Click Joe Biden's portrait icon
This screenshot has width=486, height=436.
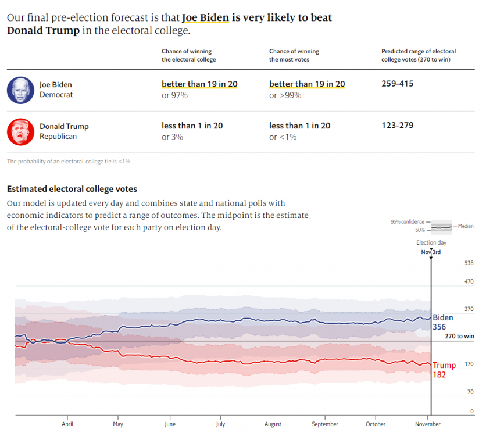click(x=21, y=90)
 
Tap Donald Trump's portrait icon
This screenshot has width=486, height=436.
click(x=21, y=131)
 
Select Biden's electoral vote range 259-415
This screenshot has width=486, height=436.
click(x=397, y=84)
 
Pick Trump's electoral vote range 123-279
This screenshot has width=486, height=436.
click(x=397, y=126)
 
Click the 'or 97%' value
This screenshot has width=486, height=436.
click(x=174, y=95)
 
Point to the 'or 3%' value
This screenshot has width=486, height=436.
click(x=172, y=137)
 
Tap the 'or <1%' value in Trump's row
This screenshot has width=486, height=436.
click(x=283, y=137)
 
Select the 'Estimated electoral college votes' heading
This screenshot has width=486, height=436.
click(x=72, y=189)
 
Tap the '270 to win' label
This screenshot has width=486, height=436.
click(x=459, y=336)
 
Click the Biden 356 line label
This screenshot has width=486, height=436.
click(x=442, y=322)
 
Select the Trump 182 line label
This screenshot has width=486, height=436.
click(x=444, y=370)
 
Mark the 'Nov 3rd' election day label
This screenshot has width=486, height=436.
click(x=431, y=252)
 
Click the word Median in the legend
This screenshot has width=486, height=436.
click(x=466, y=226)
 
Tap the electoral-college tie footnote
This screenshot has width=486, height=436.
click(x=69, y=161)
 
